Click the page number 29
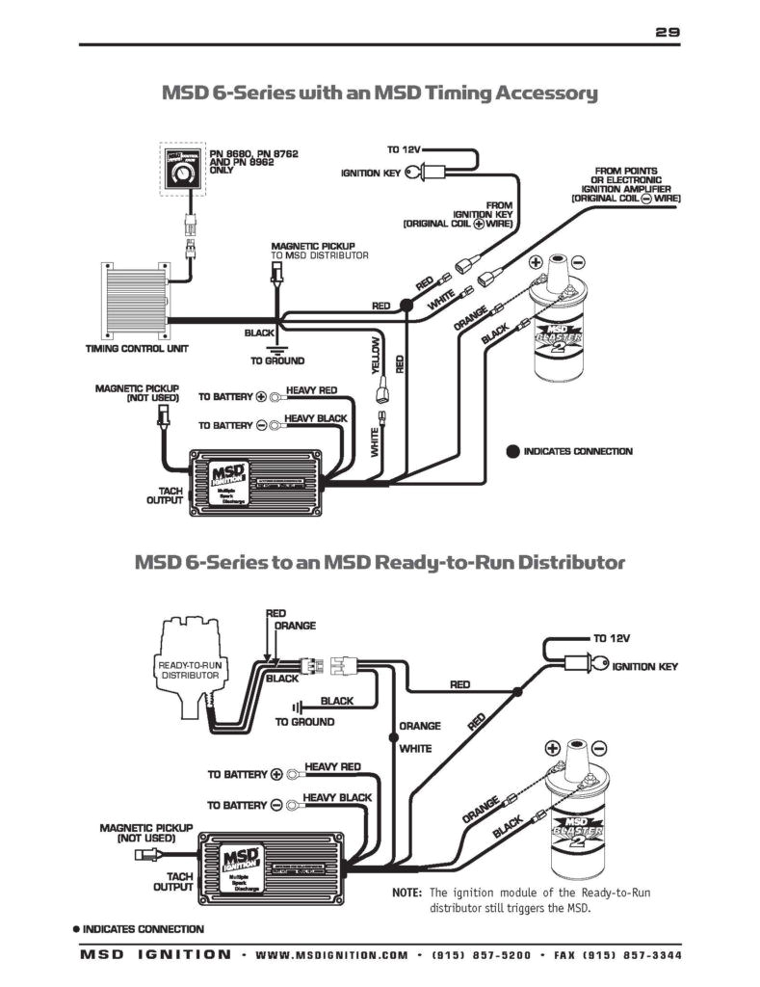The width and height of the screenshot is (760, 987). click(668, 32)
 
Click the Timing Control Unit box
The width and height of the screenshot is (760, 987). click(130, 299)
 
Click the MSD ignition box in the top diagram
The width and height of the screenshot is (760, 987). click(255, 478)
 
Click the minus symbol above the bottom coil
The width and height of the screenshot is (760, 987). click(599, 748)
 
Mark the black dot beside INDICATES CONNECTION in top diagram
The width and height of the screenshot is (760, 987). click(512, 451)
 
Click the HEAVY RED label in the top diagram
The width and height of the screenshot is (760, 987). click(311, 390)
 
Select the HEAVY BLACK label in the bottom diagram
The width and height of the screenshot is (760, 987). click(337, 798)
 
